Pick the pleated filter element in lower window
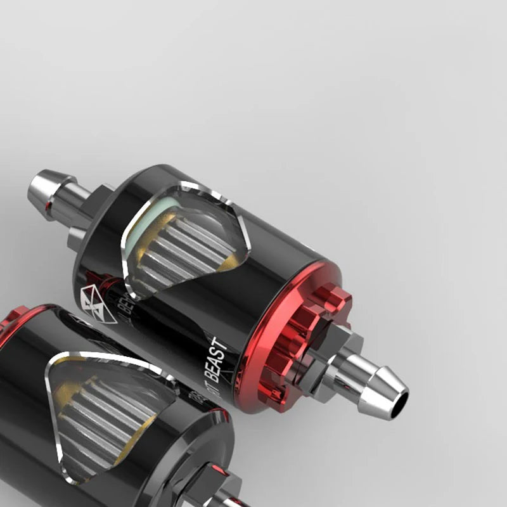click(x=114, y=412)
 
